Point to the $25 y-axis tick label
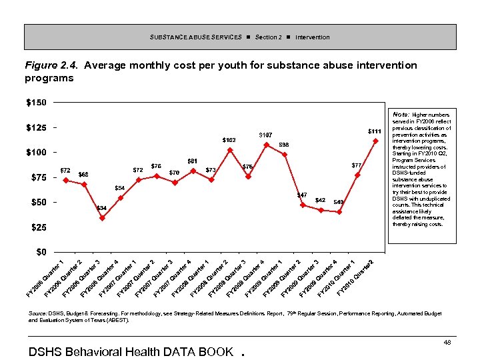click(x=37, y=227)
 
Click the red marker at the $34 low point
click(x=102, y=218)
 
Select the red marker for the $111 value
click(x=375, y=141)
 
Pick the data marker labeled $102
click(x=230, y=150)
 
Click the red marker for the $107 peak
click(x=266, y=145)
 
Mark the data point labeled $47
click(x=303, y=205)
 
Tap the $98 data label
click(x=283, y=145)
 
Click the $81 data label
click(x=192, y=161)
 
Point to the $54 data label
click(x=120, y=187)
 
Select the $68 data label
click(x=83, y=175)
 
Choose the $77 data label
click(x=357, y=165)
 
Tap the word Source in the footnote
click(x=37, y=313)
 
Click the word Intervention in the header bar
click(x=312, y=37)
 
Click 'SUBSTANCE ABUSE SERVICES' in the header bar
click(x=195, y=37)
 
